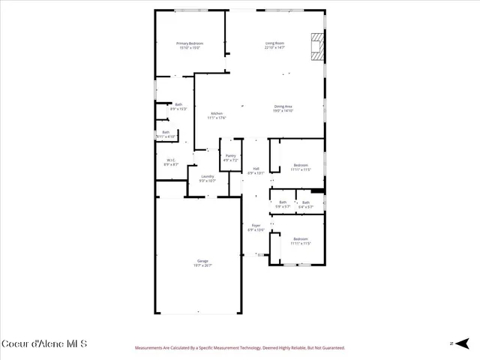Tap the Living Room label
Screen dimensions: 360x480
click(x=274, y=43)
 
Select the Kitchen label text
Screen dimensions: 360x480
click(x=217, y=113)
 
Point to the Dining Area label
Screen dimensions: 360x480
click(x=283, y=106)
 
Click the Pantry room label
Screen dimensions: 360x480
click(x=230, y=155)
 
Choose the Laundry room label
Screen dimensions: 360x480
click(x=207, y=176)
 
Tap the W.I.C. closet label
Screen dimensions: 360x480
click(x=171, y=160)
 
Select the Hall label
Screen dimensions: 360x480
click(x=256, y=169)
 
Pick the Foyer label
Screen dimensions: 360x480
click(x=256, y=225)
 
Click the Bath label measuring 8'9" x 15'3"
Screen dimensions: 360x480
click(x=178, y=104)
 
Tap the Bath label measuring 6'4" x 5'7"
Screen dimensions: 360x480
click(x=306, y=202)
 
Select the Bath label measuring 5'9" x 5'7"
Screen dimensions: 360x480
click(x=283, y=202)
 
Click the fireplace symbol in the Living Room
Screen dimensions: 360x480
click(x=319, y=46)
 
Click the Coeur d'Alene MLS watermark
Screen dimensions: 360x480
click(x=44, y=343)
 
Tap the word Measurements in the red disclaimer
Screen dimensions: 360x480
click(x=151, y=348)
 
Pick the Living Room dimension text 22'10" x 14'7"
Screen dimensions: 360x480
click(x=274, y=48)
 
